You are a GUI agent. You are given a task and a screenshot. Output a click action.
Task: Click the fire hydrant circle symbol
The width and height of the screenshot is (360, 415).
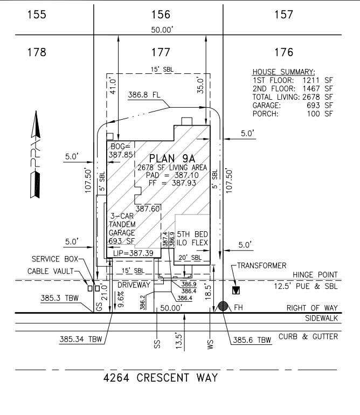coord(223,306)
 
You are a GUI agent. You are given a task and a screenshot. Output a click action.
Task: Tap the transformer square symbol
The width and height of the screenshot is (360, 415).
coord(236,290)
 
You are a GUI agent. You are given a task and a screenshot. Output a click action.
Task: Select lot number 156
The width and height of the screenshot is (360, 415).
coord(161,15)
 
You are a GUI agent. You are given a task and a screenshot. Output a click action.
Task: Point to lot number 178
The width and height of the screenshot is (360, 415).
coord(37,52)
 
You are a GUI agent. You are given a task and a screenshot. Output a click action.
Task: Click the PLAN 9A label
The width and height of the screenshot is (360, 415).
coord(172,158)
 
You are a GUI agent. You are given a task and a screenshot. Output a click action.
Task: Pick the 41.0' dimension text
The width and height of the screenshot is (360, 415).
coord(113,86)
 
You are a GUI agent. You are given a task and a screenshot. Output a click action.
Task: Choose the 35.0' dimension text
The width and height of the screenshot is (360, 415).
coord(200,85)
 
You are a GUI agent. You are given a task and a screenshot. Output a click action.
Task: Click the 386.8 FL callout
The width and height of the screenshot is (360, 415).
coord(144,95)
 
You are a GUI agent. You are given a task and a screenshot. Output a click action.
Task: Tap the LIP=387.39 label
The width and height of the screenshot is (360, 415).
coord(133,253)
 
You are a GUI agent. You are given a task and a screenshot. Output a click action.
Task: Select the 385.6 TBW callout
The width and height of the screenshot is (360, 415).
coord(252,340)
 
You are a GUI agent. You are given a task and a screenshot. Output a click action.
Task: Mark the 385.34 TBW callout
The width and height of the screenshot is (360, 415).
coord(81,339)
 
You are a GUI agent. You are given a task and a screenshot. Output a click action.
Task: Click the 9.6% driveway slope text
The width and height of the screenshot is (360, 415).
coord(121,299)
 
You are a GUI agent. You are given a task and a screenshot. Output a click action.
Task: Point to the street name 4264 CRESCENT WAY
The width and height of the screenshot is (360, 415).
coord(161,378)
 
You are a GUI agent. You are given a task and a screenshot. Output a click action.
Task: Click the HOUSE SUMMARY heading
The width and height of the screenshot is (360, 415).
coord(284,72)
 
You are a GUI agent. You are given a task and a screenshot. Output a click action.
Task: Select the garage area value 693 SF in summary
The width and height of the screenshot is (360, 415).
coord(320,105)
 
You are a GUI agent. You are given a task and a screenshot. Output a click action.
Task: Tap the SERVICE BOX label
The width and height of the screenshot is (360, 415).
coord(55,259)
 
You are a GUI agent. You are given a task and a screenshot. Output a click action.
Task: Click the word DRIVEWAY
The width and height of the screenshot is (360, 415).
coord(134,285)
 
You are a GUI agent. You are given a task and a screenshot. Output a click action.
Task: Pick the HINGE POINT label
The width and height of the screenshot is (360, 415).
coord(315,275)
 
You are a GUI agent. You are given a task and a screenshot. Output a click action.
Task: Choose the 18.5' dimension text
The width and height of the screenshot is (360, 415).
coord(208,292)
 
